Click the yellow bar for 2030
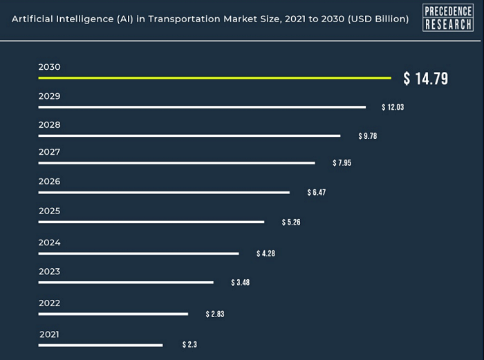click(214, 78)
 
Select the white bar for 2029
click(202, 107)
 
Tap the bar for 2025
click(151, 222)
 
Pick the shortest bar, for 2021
click(100, 344)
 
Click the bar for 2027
click(176, 163)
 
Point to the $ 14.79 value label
click(426, 79)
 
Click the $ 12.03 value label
click(393, 108)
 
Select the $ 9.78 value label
click(367, 136)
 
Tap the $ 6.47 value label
click(316, 192)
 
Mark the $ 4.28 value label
click(266, 254)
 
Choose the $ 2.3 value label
click(190, 344)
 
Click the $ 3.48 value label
click(240, 283)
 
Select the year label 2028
click(49, 125)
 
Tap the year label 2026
click(49, 181)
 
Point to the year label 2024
click(49, 243)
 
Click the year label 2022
click(49, 303)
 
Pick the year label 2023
click(49, 272)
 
